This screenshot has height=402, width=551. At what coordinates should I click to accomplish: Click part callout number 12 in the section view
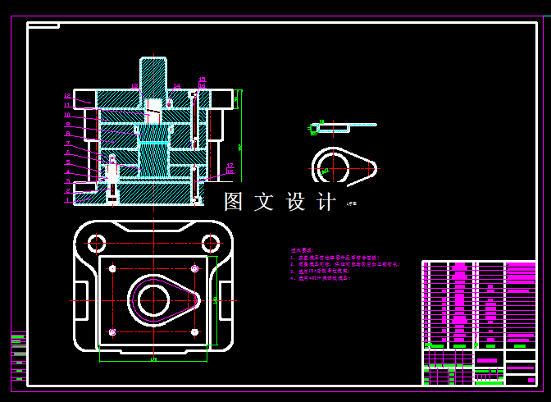click(x=68, y=105)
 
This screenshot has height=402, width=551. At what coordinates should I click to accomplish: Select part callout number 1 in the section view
click(x=68, y=200)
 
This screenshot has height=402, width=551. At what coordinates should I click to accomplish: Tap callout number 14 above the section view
click(x=176, y=85)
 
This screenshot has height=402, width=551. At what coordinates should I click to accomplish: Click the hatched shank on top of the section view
click(x=153, y=75)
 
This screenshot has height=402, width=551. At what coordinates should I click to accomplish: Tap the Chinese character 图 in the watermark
click(x=235, y=202)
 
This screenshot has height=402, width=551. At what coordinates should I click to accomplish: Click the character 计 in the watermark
click(x=326, y=202)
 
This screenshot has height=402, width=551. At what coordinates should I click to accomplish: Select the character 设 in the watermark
click(x=295, y=202)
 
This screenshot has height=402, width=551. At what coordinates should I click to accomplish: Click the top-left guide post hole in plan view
click(x=97, y=243)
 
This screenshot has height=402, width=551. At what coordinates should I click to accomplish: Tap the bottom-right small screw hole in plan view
click(x=194, y=331)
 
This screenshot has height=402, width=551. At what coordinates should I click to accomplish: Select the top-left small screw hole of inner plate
click(x=112, y=268)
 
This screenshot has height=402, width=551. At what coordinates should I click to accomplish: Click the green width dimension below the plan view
click(x=153, y=359)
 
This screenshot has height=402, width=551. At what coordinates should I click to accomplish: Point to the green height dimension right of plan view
click(x=216, y=300)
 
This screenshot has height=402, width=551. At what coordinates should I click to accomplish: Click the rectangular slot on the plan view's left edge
click(x=81, y=295)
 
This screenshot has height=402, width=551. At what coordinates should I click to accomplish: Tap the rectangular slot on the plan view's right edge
click(x=225, y=295)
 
